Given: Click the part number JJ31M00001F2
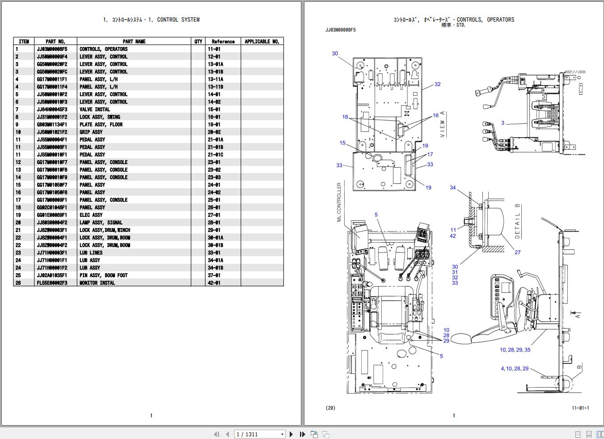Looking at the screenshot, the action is (52, 117).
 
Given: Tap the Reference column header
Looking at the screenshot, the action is (223, 42).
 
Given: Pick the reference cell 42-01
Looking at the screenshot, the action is (214, 283).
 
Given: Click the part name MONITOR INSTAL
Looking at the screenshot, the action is (97, 283).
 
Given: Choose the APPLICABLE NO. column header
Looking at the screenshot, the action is (262, 42).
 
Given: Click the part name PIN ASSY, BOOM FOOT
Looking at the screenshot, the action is (104, 275).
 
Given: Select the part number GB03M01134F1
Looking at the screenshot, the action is (52, 125).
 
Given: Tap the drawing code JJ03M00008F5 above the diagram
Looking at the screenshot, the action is (341, 30).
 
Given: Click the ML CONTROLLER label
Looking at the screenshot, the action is (339, 202).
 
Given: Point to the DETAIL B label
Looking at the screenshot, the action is (517, 221).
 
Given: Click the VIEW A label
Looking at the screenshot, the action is (442, 124).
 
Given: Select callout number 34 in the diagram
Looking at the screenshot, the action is (453, 188).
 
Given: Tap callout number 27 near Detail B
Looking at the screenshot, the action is (517, 253).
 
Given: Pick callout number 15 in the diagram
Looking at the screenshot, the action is (342, 143).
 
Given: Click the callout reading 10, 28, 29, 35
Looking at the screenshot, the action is (515, 350).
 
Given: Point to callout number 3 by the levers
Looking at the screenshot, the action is (503, 123).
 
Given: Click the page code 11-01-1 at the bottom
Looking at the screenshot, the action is (581, 408).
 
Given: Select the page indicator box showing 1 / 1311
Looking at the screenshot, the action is (260, 434).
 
